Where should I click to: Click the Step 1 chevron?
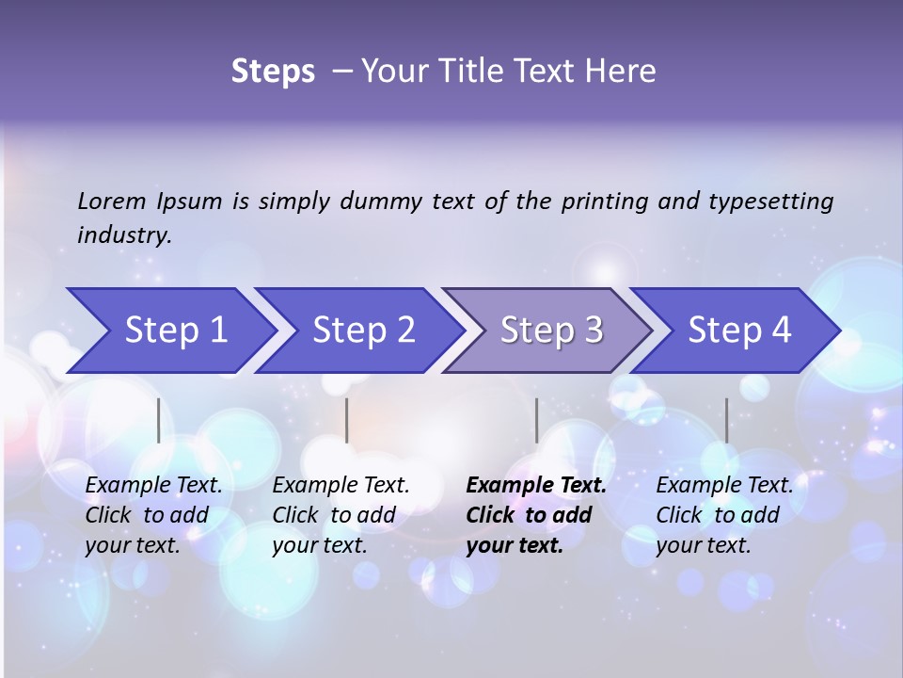175,331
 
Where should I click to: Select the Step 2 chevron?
363,331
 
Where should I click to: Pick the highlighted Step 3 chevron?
551,331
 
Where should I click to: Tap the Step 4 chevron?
739,331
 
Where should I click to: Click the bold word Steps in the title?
273,72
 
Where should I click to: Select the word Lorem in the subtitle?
112,202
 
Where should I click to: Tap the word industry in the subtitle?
123,235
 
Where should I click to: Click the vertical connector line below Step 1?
159,420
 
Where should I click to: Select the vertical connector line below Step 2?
347,420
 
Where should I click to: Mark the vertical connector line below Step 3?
536,420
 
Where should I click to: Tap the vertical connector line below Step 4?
726,420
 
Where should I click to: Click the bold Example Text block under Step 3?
536,515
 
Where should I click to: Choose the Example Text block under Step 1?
153,515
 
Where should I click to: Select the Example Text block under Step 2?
341,515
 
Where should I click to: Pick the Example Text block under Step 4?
724,515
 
